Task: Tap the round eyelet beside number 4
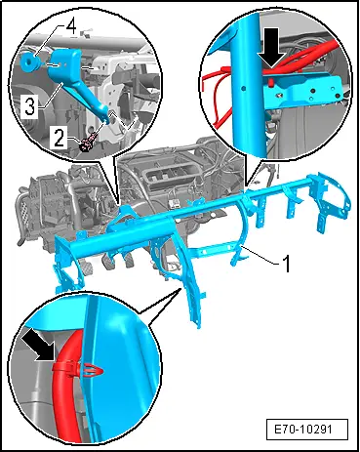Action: point(27,61)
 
